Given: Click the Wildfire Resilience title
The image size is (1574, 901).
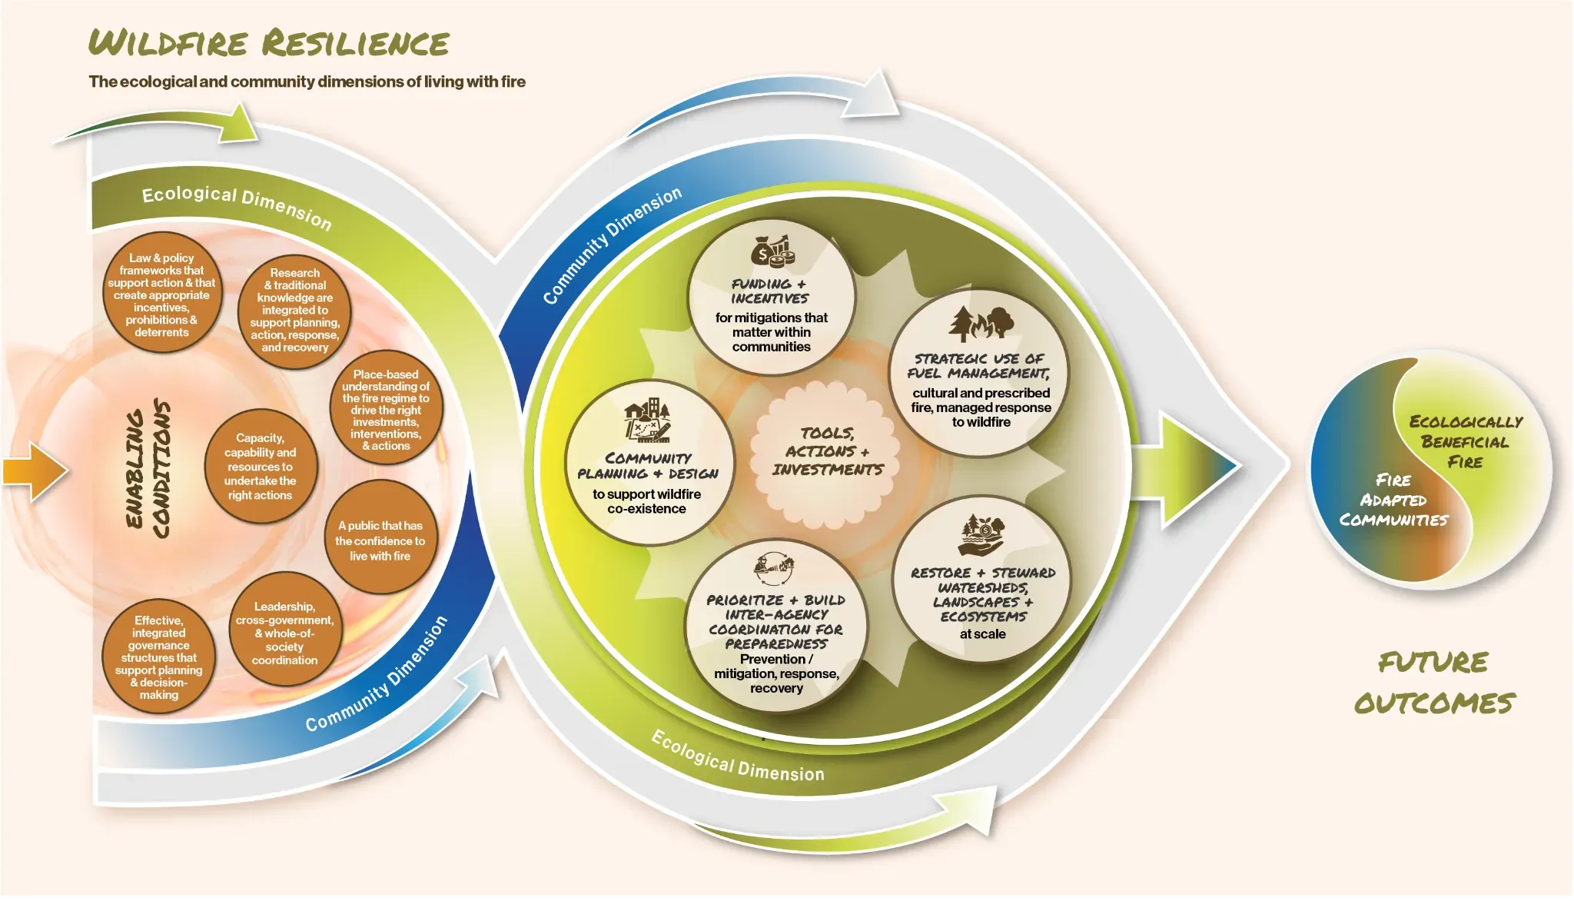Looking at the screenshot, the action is point(268,43).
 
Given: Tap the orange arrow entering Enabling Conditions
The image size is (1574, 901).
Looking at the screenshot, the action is point(35,471).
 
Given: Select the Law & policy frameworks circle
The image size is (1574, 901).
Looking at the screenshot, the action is point(162,294).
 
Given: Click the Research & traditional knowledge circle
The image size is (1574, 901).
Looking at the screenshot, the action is point(294,311).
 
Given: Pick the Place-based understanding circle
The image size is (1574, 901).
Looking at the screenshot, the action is point(386,409).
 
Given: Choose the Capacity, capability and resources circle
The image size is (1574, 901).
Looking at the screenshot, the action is point(261,466).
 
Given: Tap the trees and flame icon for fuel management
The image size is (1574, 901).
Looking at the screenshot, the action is point(981,324).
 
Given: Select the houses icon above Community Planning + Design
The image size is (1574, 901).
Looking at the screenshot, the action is point(647,420).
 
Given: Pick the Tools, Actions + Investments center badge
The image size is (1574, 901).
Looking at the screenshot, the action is point(827,451).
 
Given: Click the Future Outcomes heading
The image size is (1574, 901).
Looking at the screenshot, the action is point(1434,683).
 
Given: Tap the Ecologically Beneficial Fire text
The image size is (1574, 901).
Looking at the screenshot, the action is point(1466,441).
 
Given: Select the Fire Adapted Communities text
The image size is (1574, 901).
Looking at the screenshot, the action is point(1393,500).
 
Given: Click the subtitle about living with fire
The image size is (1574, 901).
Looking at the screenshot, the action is point(307,81).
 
